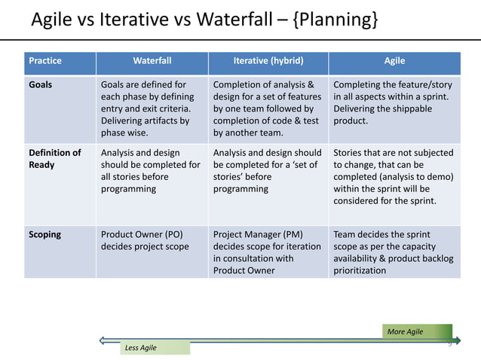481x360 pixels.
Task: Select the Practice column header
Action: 44,60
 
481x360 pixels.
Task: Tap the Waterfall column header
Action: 152,60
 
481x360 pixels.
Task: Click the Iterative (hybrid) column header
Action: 268,60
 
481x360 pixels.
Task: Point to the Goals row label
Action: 40,84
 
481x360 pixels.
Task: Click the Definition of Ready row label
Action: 54,158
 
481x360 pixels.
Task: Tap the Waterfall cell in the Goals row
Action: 149,108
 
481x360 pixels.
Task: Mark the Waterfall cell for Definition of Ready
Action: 150,170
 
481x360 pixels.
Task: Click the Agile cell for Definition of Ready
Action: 393,176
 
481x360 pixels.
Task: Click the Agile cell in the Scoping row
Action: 393,252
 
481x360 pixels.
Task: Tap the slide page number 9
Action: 449,344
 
